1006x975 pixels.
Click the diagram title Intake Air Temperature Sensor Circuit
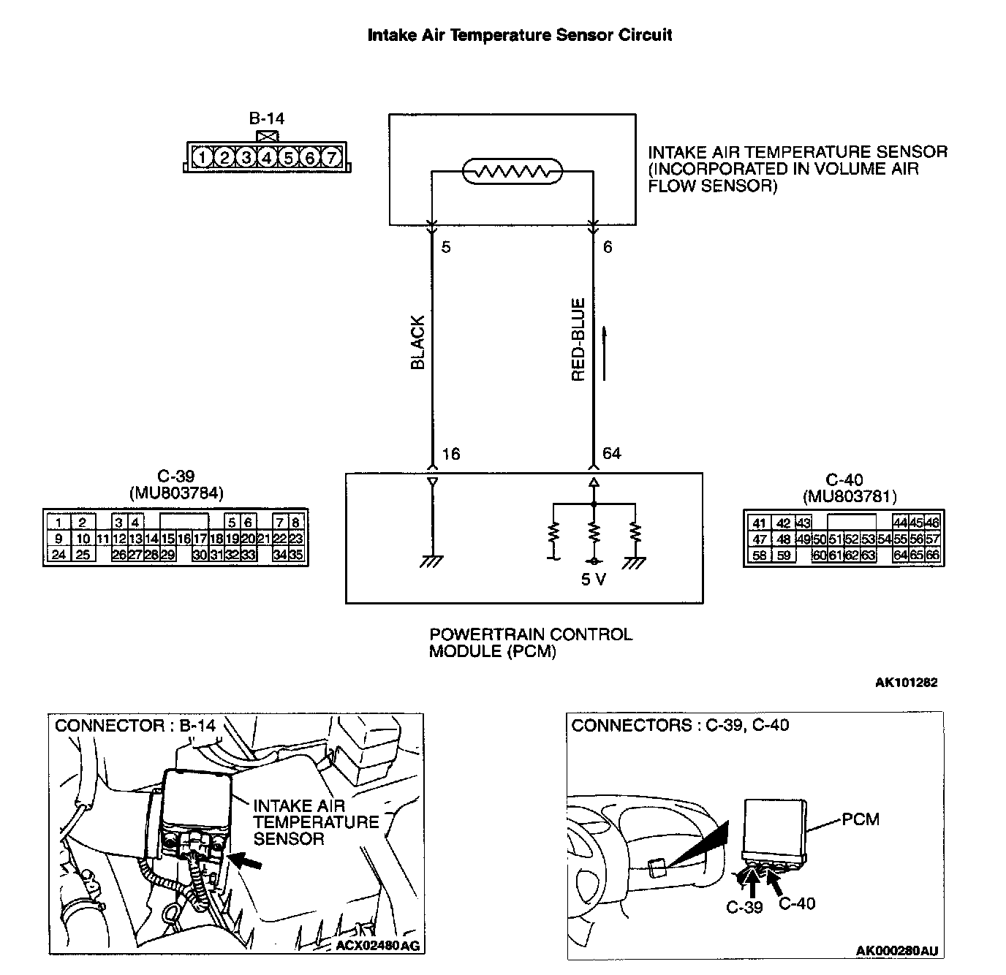coord(519,35)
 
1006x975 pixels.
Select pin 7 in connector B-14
coord(331,157)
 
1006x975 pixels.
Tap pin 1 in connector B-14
coord(203,157)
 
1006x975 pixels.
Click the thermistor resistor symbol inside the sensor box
coord(513,172)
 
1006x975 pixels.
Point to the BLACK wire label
coord(418,342)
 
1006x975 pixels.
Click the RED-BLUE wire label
coord(578,340)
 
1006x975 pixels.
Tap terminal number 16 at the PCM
coord(451,454)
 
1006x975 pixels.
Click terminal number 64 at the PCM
coord(611,453)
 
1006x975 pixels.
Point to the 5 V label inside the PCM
coord(592,580)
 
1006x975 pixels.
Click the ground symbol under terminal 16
coord(431,562)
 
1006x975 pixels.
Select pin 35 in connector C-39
coord(296,555)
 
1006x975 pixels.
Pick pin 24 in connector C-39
coord(58,555)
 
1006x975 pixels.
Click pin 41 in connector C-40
coord(760,523)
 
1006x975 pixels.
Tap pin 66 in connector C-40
coord(932,555)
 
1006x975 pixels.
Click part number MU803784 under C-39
coord(176,494)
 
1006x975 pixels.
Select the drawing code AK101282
coord(906,683)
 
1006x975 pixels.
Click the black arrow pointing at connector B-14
coord(249,862)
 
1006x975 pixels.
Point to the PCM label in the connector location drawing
coord(861,819)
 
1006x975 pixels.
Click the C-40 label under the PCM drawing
coord(797,904)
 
